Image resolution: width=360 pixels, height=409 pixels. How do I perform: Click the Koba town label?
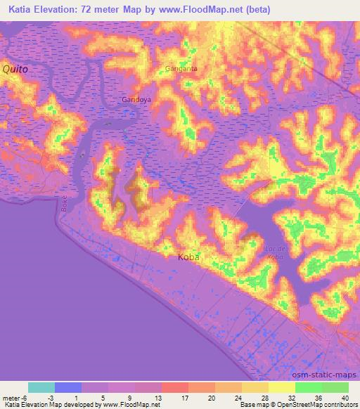point(188,257)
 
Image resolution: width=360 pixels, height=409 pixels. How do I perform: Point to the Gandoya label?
point(136,100)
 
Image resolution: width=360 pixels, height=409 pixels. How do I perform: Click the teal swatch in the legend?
point(41,387)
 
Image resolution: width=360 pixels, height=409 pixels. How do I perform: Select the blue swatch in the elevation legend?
point(68,387)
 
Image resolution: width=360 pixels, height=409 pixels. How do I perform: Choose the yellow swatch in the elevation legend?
point(282,387)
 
